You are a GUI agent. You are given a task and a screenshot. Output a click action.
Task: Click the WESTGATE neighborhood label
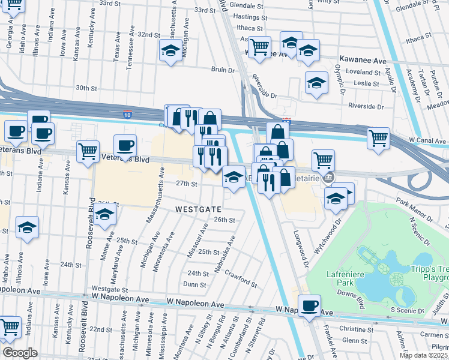(x=198, y=209)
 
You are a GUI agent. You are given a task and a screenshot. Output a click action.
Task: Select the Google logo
(x=20, y=353)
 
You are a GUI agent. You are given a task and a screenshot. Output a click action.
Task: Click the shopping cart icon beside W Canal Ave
(x=379, y=138)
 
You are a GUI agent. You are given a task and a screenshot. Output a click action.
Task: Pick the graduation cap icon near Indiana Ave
(x=27, y=227)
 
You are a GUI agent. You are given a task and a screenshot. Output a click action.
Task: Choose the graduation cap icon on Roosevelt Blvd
(x=105, y=214)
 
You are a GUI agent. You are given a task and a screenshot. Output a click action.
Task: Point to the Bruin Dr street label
(x=222, y=70)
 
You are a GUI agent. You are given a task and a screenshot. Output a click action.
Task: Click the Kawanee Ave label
(x=363, y=61)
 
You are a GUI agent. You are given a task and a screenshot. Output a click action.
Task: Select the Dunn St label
(x=195, y=284)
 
